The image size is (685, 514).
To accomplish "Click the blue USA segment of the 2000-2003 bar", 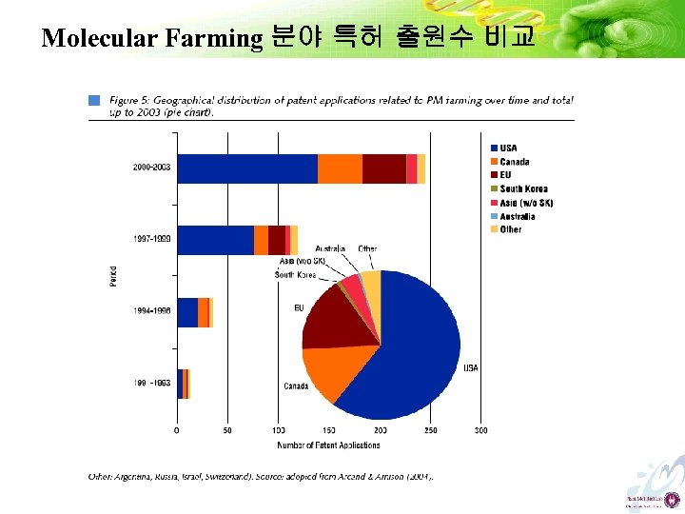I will [247, 168].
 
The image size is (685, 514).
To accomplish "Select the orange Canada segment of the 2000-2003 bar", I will [340, 168].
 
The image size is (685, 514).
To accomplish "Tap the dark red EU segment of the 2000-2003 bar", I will [383, 168].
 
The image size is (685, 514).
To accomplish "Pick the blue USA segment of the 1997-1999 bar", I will [215, 240].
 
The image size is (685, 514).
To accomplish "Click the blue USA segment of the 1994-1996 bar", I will [187, 312].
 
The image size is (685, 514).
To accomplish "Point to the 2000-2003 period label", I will [152, 168].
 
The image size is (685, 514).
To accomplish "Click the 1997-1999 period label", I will [152, 239].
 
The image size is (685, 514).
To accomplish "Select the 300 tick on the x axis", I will [481, 431].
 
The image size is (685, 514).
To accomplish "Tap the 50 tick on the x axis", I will [227, 431].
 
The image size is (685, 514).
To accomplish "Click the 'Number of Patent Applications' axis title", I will [328, 445].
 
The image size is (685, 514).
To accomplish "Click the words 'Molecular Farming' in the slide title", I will [152, 38].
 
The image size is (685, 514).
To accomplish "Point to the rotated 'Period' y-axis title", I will [113, 276].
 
